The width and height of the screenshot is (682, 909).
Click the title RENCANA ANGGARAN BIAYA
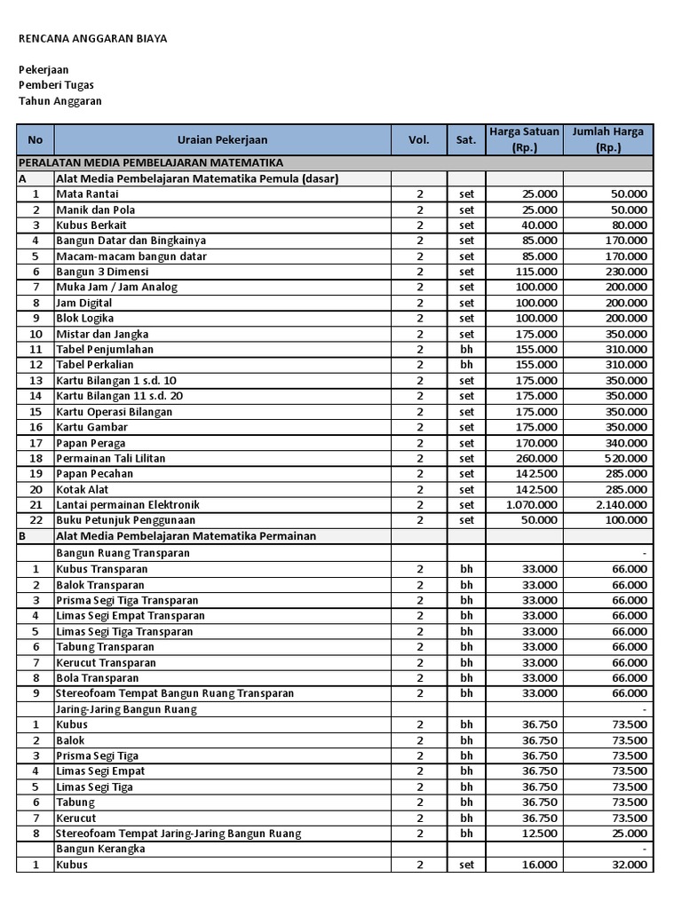(93, 39)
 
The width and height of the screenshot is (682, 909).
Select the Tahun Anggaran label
(60, 101)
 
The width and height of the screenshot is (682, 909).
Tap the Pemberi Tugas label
(57, 85)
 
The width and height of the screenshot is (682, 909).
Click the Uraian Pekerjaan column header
(222, 140)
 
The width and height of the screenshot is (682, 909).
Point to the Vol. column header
(419, 140)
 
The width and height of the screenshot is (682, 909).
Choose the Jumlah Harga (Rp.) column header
(608, 140)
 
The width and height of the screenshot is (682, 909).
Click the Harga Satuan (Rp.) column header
(524, 140)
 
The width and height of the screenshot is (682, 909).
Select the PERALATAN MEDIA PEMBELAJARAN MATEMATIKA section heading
(151, 163)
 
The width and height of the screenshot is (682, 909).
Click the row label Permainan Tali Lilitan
(110, 458)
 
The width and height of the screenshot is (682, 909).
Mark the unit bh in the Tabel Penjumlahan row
(466, 350)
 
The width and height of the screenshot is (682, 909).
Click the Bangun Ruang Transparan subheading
(123, 553)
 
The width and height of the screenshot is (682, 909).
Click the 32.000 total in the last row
(630, 865)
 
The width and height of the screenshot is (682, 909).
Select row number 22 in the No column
(36, 520)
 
